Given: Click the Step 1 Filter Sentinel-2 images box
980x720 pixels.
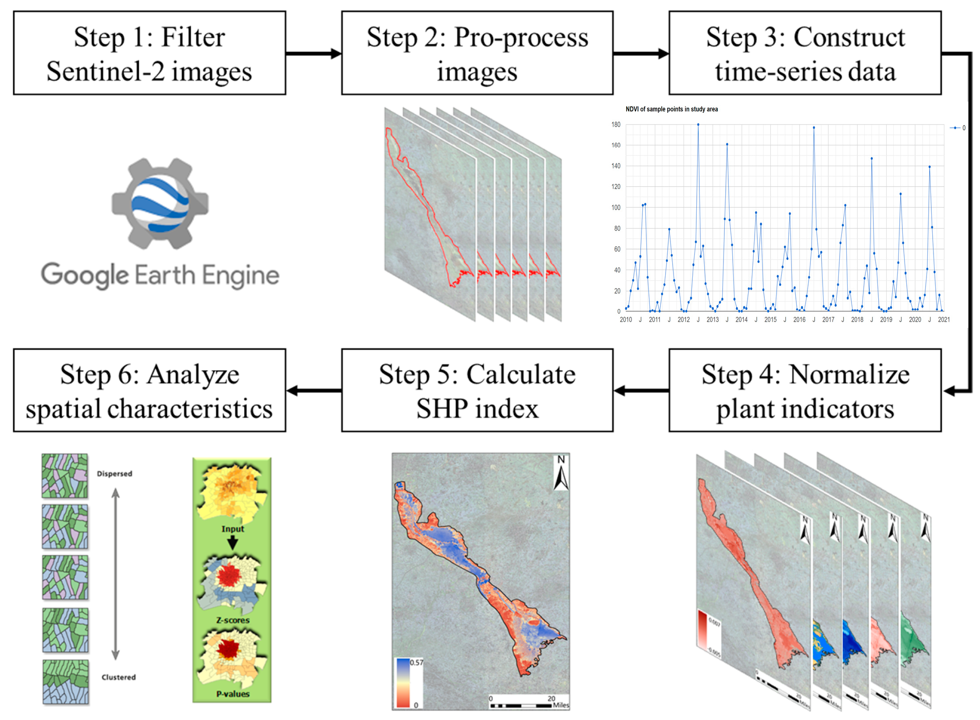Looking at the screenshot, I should (150, 53).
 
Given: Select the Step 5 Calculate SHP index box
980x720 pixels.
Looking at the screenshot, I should (477, 391).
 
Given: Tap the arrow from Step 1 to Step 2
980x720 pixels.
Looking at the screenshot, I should (313, 54).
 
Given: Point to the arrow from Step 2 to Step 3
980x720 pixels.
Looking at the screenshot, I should (641, 54).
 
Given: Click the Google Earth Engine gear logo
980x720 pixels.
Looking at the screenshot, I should (160, 203).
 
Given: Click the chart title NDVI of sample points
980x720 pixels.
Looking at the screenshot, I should (671, 109).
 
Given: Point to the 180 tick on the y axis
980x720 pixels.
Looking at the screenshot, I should (616, 125).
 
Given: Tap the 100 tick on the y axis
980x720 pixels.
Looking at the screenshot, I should (616, 208).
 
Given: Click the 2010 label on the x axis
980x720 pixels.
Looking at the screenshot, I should (626, 320).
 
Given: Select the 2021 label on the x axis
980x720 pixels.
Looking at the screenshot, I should (944, 320).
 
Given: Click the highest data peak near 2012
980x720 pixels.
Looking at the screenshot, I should (698, 125).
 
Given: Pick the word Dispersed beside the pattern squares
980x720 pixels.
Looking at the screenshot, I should (114, 474).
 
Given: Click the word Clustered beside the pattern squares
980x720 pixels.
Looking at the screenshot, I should (118, 677).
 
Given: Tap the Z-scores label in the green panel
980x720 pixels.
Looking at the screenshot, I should (232, 621).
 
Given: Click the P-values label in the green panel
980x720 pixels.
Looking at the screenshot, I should (232, 694).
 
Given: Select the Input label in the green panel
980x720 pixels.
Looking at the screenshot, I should (232, 529).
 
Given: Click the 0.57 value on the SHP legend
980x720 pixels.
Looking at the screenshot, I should (417, 662).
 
